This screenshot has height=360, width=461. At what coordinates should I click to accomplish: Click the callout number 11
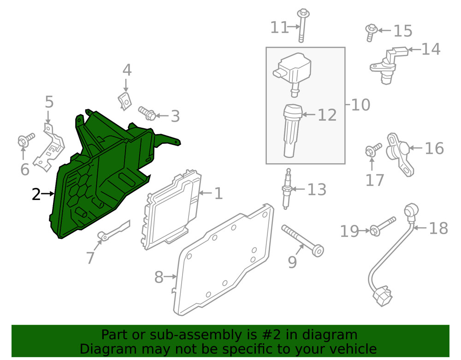pyautogui.click(x=279, y=28)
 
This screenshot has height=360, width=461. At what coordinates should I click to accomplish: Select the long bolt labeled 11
pyautogui.click(x=302, y=25)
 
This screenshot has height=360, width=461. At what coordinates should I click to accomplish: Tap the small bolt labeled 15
pyautogui.click(x=371, y=31)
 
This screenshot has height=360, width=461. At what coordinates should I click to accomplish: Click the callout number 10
pyautogui.click(x=361, y=105)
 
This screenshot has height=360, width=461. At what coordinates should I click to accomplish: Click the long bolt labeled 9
pyautogui.click(x=302, y=239)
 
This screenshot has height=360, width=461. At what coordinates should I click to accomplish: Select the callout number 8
pyautogui.click(x=159, y=277)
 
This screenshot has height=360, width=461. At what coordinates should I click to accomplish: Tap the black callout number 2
pyautogui.click(x=36, y=195)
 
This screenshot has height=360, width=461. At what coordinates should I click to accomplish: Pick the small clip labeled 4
pyautogui.click(x=124, y=100)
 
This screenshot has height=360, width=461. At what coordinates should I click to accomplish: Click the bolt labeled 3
pyautogui.click(x=147, y=112)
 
